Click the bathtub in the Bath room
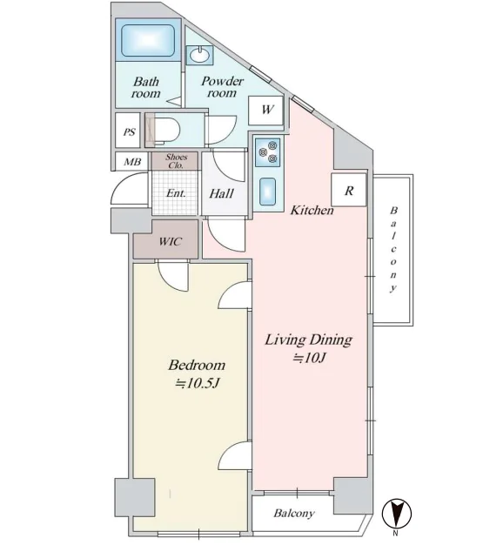click(148, 40)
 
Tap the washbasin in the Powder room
click(199, 55)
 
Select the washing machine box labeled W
click(265, 110)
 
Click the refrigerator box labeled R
click(349, 190)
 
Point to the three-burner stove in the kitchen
click(268, 151)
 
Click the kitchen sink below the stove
click(267, 192)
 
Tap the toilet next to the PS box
click(164, 131)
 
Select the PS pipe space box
click(128, 131)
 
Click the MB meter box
click(132, 162)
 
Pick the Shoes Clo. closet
click(175, 161)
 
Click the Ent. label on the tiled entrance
click(176, 193)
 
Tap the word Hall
click(222, 193)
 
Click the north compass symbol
click(397, 513)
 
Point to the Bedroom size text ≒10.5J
click(197, 383)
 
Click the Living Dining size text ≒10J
click(309, 357)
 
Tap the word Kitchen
click(312, 210)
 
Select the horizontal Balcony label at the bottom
click(294, 513)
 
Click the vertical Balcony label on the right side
click(393, 250)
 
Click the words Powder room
click(222, 87)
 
